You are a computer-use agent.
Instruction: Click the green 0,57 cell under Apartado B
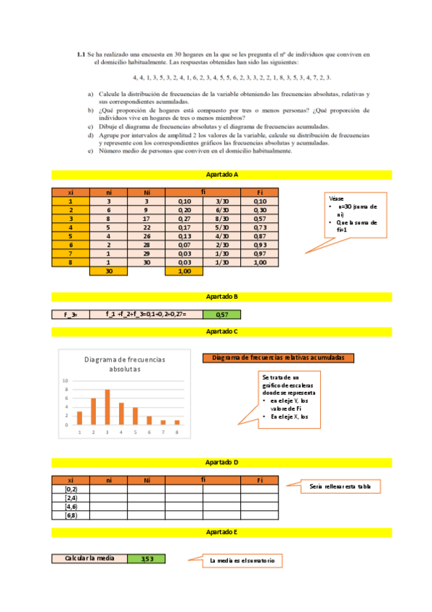click(221, 315)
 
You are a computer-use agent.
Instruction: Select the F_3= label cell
click(70, 315)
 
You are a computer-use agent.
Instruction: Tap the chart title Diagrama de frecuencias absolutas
click(125, 364)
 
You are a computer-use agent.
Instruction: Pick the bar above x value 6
click(149, 420)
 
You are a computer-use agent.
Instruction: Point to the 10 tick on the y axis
click(66, 380)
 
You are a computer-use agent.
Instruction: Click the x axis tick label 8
click(177, 432)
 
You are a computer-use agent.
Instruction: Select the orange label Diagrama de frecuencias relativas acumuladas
click(278, 357)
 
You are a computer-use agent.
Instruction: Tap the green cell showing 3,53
click(146, 559)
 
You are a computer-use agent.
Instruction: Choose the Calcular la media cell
click(89, 559)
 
